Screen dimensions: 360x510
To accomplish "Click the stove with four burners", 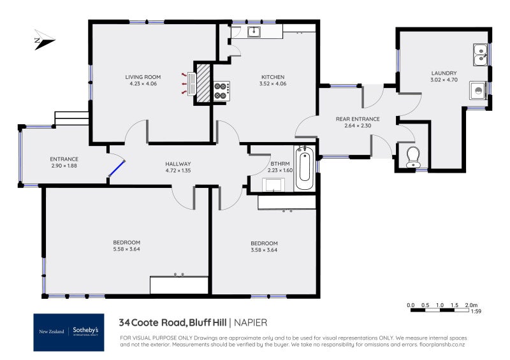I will click(x=221, y=90).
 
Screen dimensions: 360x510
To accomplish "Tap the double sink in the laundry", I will click(x=481, y=55).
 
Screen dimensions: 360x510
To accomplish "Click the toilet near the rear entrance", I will click(x=412, y=156).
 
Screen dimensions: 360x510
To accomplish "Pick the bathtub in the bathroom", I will click(x=305, y=168).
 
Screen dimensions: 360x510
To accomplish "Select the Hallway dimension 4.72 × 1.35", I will click(x=178, y=171).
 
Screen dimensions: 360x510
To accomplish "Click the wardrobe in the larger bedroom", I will click(x=178, y=285).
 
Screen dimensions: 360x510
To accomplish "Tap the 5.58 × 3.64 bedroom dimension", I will click(x=126, y=249).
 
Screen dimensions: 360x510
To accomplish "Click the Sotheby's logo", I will click(x=86, y=331).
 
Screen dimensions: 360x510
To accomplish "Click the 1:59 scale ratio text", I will click(x=475, y=312).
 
